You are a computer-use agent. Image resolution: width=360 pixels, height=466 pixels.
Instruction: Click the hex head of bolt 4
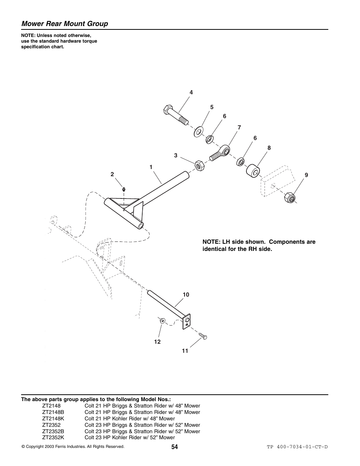coord(167,111)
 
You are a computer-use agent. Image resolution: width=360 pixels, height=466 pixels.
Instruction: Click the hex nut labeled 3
coord(199,165)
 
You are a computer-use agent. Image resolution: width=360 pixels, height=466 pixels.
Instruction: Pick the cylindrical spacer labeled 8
coord(253,171)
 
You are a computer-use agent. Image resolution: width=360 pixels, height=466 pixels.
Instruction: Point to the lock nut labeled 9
coord(289,197)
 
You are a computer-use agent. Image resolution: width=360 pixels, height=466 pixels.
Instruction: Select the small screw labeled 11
coord(203,336)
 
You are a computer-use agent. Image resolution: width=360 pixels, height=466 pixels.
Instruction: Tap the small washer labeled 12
coord(162,321)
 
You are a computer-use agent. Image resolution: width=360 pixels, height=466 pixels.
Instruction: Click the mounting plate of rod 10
coord(186,321)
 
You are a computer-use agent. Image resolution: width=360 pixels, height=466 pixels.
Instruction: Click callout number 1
coord(151,167)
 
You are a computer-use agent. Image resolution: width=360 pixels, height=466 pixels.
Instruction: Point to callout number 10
coord(186,295)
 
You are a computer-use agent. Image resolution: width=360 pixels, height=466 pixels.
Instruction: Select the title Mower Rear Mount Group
coord(65,24)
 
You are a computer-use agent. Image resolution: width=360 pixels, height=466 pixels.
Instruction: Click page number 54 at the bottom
coord(174,447)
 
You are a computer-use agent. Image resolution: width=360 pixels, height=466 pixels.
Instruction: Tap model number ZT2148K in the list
coord(53,418)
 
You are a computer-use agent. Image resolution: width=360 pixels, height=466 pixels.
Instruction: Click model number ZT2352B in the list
coord(53,431)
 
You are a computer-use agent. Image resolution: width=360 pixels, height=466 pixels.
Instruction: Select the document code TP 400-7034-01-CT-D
coord(297,447)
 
